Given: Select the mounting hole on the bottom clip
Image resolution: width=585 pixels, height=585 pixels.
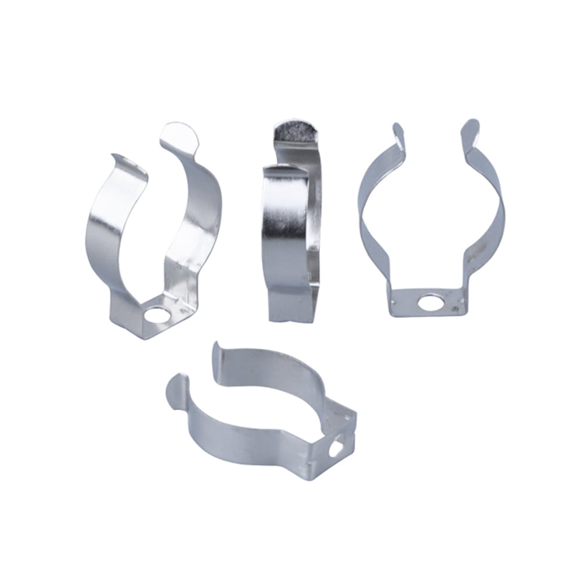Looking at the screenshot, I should coord(337,448).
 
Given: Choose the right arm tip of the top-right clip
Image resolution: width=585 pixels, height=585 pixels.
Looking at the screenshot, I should coord(471,130).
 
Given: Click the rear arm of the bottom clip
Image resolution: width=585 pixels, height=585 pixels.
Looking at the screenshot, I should coord(280,365).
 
